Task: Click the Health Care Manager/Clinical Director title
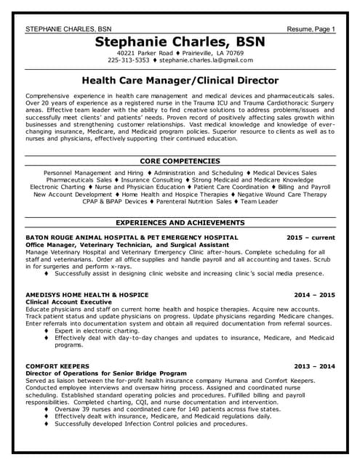coord(180,81)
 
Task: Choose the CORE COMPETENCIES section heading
coord(180,161)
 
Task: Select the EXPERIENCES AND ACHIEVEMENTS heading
coord(180,222)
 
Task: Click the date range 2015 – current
coord(311,238)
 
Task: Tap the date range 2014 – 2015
coord(314,295)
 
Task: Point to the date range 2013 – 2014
coord(314,366)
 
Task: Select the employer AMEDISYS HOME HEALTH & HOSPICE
coord(87,295)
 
